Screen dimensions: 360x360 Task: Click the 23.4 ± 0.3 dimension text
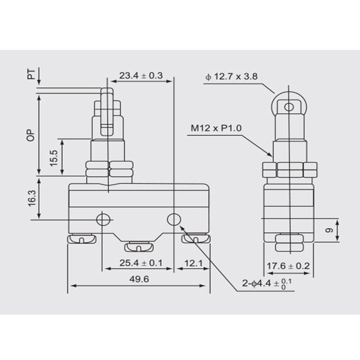(141, 76)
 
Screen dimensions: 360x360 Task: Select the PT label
(31, 74)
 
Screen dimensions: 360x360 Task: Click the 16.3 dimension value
(32, 198)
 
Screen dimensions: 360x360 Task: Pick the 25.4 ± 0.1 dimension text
(141, 263)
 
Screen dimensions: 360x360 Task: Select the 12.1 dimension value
(193, 263)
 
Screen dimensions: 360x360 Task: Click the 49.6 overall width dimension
(139, 279)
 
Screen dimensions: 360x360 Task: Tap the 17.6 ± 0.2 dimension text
(288, 266)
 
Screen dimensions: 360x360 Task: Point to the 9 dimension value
(330, 230)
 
